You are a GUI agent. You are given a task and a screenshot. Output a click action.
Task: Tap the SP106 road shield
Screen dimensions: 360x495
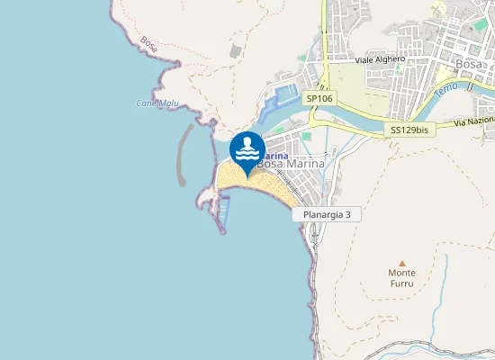tap(320, 97)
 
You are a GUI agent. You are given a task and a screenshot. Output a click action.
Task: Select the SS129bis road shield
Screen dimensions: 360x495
tap(410, 130)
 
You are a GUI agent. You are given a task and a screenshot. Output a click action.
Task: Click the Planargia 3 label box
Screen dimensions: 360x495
tap(326, 215)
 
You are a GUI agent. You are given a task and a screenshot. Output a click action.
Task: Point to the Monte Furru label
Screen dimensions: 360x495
tap(401, 278)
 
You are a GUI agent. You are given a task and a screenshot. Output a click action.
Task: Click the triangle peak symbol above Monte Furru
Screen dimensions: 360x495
tap(401, 263)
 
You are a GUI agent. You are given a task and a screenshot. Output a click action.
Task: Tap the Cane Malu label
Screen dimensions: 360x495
tap(157, 103)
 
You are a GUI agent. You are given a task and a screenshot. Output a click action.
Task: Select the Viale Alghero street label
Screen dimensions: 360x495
tap(380, 59)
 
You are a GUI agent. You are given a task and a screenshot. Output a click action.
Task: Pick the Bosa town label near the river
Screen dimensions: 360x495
tap(470, 64)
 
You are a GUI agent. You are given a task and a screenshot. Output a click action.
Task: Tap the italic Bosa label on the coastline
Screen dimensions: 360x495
tap(149, 42)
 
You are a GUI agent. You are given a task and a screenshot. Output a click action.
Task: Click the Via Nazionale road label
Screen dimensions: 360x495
tap(474, 121)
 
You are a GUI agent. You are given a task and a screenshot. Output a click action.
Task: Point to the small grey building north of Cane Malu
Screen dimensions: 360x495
tap(235, 51)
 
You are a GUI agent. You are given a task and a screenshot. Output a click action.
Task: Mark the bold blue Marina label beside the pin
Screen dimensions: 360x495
tap(273, 154)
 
